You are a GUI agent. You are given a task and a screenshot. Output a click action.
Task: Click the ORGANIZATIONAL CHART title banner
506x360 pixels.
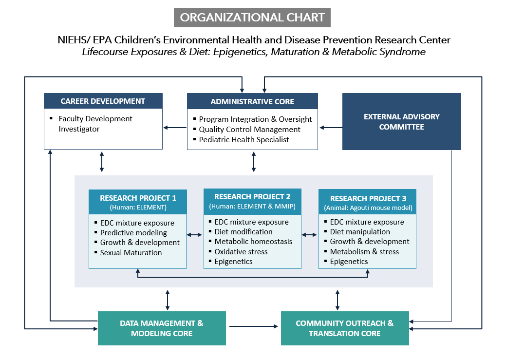click(252, 18)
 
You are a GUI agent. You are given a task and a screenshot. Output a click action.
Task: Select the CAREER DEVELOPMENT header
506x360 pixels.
click(103, 101)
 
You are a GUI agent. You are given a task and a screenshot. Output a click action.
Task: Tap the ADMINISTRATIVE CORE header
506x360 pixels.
click(252, 101)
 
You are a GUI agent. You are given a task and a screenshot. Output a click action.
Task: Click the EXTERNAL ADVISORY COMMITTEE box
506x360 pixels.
click(402, 122)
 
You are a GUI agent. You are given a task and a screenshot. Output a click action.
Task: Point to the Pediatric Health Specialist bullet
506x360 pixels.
click(244, 140)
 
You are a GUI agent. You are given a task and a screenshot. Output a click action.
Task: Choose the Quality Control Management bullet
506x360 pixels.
click(249, 130)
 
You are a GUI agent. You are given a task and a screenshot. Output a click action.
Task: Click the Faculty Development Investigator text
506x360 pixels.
click(95, 124)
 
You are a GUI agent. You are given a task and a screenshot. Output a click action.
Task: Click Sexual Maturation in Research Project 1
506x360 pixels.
click(131, 252)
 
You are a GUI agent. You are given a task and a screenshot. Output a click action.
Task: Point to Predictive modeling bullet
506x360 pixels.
click(133, 233)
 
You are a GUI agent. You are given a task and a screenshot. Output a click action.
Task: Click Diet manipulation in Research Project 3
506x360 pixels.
click(360, 232)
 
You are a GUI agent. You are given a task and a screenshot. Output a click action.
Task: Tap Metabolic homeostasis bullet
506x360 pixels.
click(253, 242)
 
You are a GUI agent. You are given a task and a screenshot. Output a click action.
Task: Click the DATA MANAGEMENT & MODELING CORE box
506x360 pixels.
click(162, 328)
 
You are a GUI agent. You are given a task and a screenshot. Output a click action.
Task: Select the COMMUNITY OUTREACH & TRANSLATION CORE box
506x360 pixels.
click(345, 328)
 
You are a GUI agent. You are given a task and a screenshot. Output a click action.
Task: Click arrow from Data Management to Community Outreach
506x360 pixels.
click(253, 326)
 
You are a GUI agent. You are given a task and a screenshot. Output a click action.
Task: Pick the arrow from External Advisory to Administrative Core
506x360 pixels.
click(331, 128)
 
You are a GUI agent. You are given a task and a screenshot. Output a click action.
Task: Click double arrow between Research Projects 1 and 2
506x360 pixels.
click(195, 235)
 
